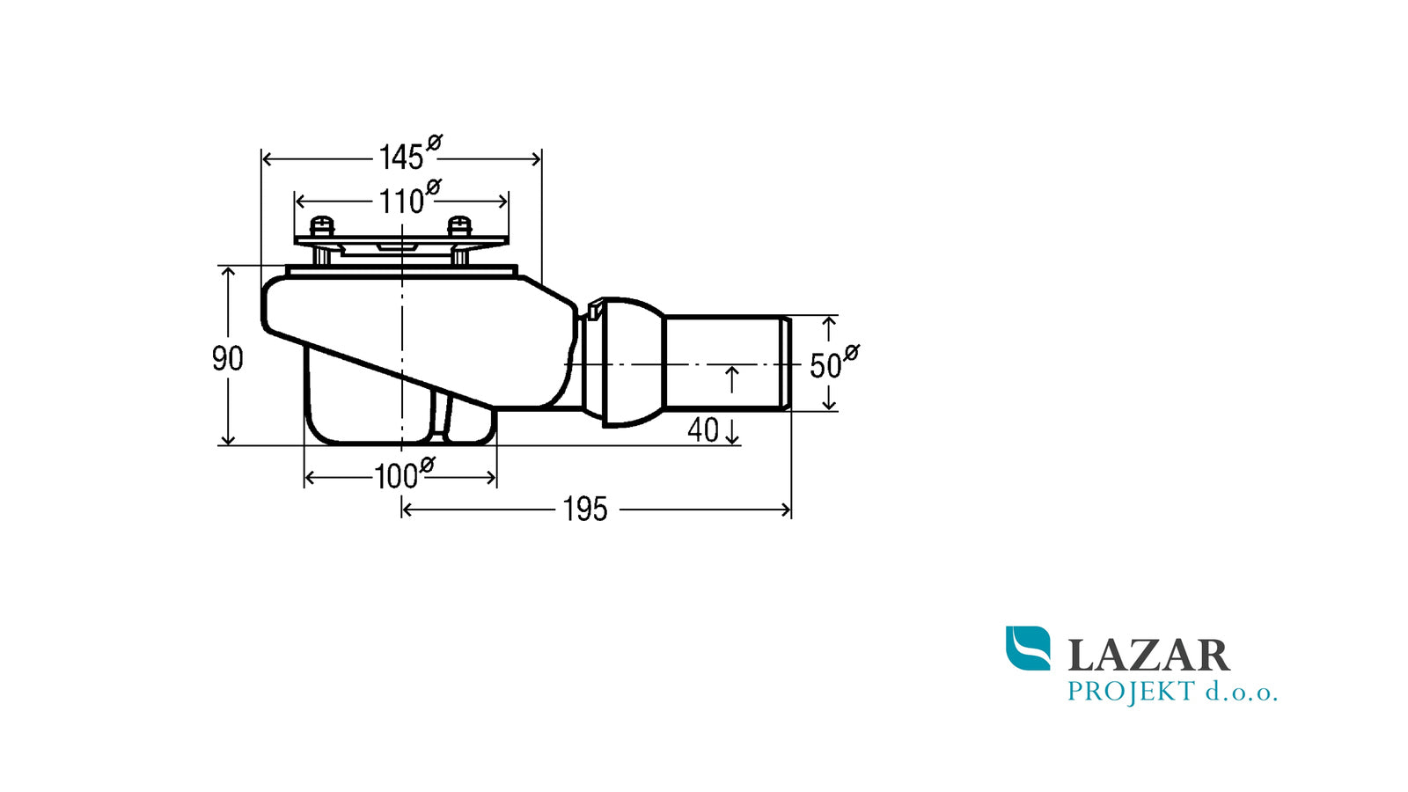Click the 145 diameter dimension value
401,158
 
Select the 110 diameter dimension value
401,202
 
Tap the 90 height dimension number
228,359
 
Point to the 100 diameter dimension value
396,477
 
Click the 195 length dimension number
585,510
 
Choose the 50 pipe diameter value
825,366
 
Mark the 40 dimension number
703,430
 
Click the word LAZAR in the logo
1149,656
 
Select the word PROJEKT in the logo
1131,692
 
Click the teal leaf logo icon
1028,648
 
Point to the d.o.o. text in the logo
1242,692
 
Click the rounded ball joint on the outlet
632,363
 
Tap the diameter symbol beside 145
435,143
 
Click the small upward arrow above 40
731,379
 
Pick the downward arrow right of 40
732,431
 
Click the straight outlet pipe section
727,363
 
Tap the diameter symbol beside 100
428,465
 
